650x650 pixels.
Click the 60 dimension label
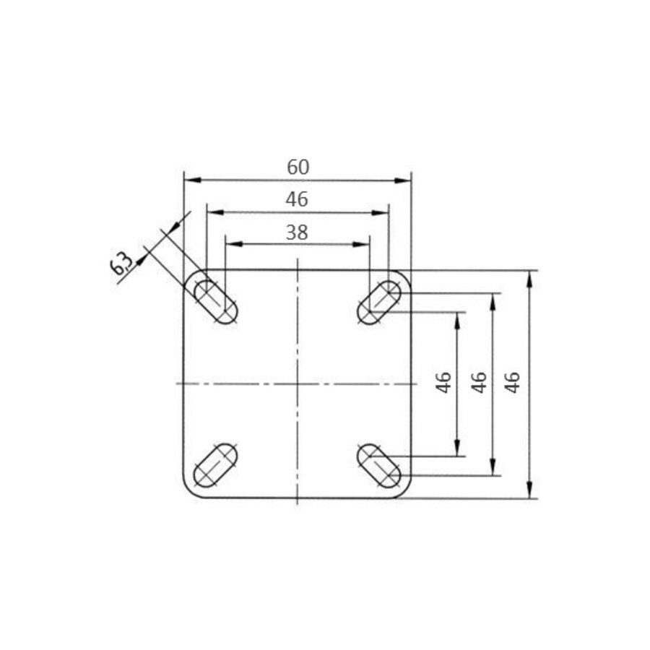pyautogui.click(x=298, y=167)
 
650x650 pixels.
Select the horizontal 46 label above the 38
pyautogui.click(x=297, y=199)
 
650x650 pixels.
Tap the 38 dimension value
pyautogui.click(x=297, y=232)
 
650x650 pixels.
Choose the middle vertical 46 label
pyautogui.click(x=477, y=382)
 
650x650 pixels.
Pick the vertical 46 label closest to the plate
pyautogui.click(x=443, y=382)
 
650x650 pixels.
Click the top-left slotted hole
pyautogui.click(x=215, y=302)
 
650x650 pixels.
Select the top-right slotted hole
pyautogui.click(x=380, y=302)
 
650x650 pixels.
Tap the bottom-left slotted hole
pyautogui.click(x=215, y=467)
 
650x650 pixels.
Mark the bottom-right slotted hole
pyautogui.click(x=380, y=467)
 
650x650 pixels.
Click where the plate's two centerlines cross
pyautogui.click(x=297, y=383)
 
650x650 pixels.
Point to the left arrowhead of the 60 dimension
pyautogui.click(x=189, y=181)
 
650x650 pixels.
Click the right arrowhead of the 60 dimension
pyautogui.click(x=405, y=181)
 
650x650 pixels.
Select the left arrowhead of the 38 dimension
pyautogui.click(x=230, y=244)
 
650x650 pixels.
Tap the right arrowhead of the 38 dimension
pyautogui.click(x=364, y=244)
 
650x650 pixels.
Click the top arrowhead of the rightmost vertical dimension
pyautogui.click(x=531, y=277)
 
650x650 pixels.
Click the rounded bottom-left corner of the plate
pyautogui.click(x=189, y=493)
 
